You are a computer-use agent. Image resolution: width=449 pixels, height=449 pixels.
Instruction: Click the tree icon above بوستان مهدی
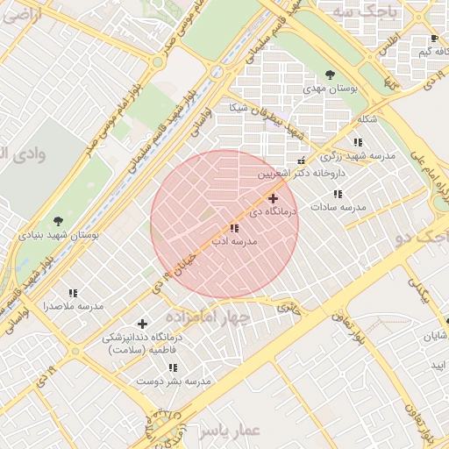(x=330, y=75)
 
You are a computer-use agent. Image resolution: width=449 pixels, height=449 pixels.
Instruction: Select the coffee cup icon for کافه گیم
(x=434, y=39)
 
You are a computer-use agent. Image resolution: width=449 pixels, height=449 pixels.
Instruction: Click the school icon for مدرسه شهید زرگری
(x=357, y=141)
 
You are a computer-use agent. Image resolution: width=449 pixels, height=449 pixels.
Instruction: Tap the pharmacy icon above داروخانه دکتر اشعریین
(x=302, y=160)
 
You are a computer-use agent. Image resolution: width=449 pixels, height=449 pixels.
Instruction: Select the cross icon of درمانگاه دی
(x=274, y=199)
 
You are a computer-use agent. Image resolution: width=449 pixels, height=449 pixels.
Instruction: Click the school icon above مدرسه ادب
(x=233, y=228)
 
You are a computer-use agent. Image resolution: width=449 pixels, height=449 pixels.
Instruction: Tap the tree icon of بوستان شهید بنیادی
(x=58, y=221)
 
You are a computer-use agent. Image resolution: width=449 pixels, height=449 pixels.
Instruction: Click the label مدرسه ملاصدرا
(x=74, y=306)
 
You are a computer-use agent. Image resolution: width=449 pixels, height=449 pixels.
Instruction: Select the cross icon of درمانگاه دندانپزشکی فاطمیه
(x=142, y=324)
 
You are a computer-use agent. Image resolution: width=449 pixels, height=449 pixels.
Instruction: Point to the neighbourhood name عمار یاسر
(x=230, y=431)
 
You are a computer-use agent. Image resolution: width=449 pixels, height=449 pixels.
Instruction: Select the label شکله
(x=367, y=119)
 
